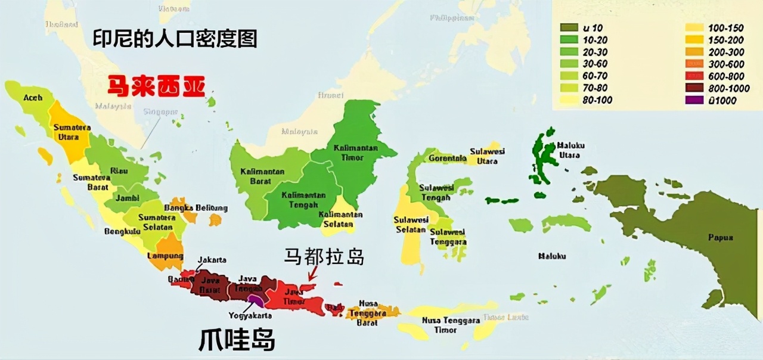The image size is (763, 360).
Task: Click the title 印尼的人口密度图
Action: (175, 39)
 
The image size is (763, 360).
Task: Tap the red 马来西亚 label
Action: (156, 87)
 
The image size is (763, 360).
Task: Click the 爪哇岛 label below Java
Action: (237, 340)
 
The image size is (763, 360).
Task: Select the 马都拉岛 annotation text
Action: (324, 257)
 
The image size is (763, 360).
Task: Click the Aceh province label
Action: (33, 97)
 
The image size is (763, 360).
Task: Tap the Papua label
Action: (720, 237)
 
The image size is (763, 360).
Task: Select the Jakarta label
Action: (212, 260)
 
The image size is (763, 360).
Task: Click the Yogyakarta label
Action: (250, 315)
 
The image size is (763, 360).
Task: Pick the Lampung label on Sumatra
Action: (165, 256)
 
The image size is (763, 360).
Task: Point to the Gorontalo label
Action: (448, 159)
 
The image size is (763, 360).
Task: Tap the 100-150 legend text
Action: (725, 28)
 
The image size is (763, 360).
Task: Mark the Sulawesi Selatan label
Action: (411, 225)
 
